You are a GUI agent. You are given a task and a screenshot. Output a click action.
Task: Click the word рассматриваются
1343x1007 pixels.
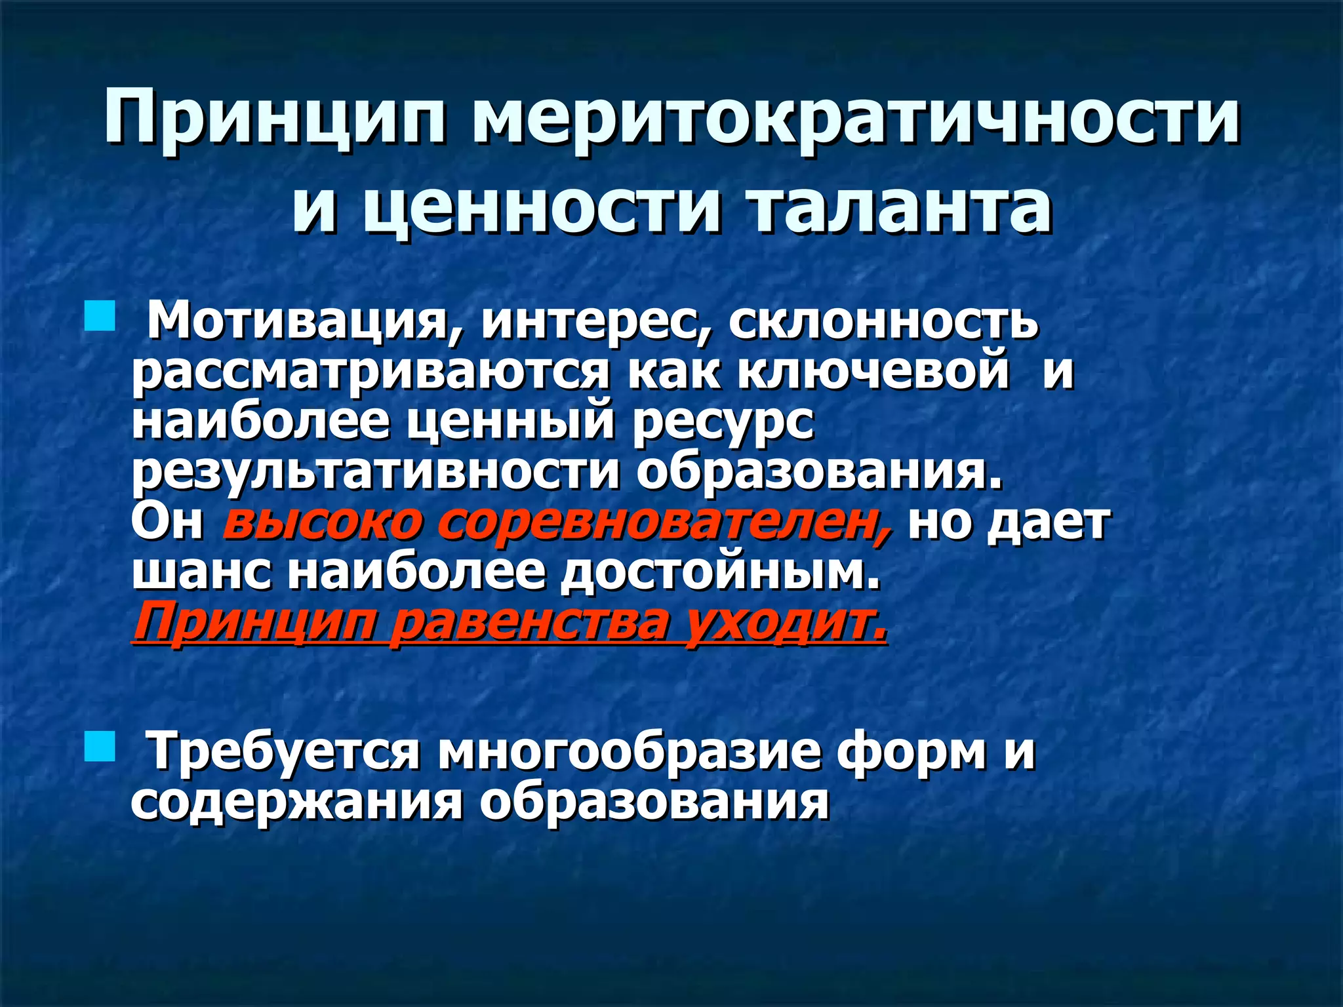tap(371, 372)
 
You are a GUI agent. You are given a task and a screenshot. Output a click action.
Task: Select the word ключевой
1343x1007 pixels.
tap(873, 371)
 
